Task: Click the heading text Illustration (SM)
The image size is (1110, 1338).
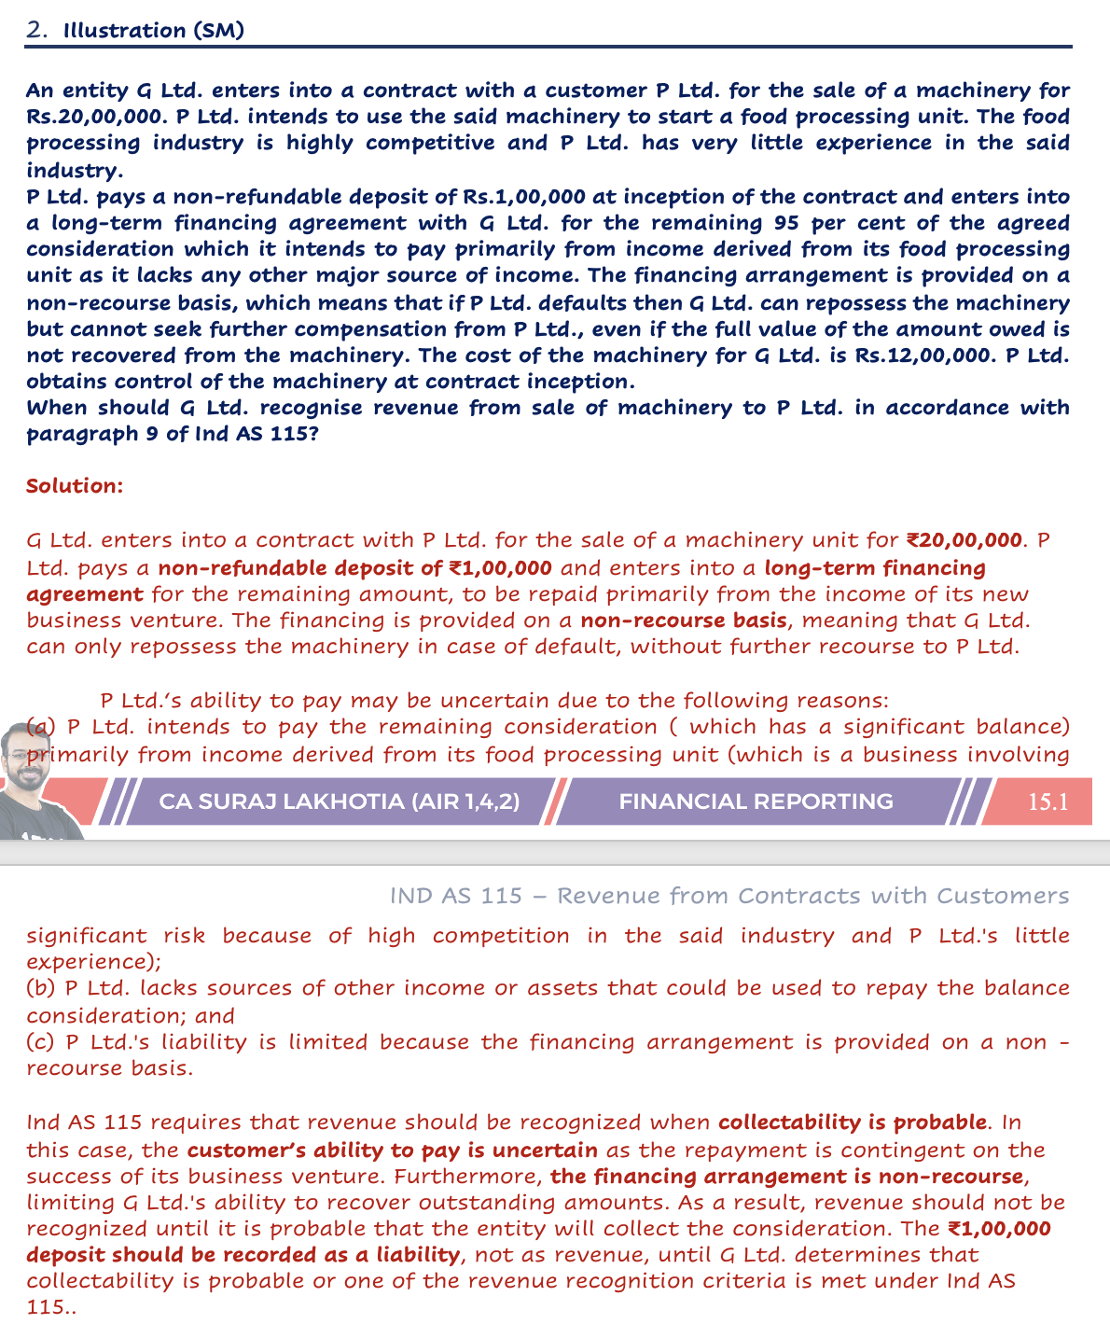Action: pos(154,31)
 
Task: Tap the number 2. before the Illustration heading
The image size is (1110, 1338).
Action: pos(37,31)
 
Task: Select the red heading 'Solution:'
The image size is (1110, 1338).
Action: pos(75,486)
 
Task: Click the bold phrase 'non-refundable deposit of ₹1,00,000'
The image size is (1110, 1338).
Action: pos(354,567)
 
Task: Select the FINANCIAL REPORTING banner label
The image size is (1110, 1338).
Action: pos(756,801)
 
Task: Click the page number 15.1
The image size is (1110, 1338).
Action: pos(1047,801)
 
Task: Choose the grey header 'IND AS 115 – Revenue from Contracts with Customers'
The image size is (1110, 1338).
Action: pos(729,897)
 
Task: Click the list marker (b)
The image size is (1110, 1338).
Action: pos(41,988)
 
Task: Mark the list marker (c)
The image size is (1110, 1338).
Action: pos(41,1042)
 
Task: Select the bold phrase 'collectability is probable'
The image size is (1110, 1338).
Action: pos(853,1122)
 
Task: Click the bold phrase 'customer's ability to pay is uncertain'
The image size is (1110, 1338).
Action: pos(392,1150)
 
